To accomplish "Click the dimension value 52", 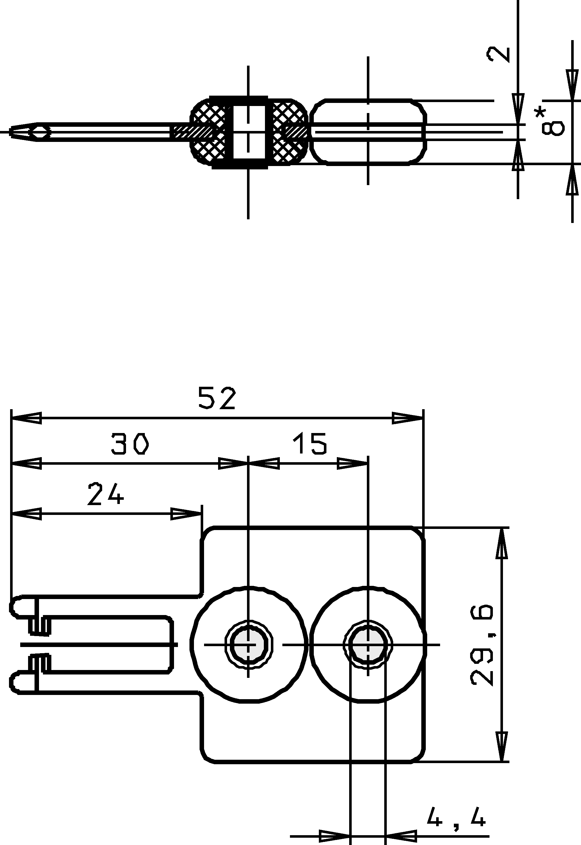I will point(217,398).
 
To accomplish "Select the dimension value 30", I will point(130,443).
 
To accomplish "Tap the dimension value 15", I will point(310,443).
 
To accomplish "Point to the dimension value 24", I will point(106,494).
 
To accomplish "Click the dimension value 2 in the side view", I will point(498,55).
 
